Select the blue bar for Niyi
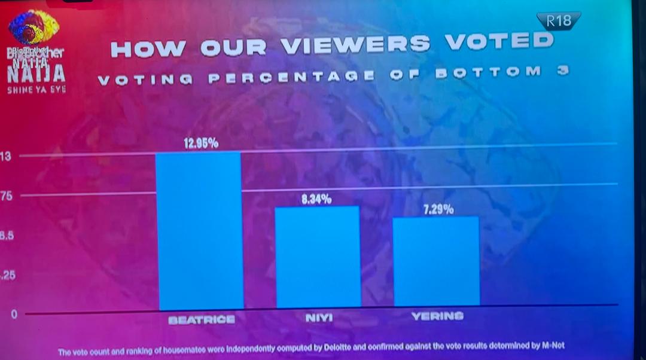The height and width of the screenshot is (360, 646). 318,257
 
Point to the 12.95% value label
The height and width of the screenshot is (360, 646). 200,144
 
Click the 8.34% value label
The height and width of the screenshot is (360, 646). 316,199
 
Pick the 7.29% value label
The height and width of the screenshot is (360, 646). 435,209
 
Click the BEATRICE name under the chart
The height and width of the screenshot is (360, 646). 202,320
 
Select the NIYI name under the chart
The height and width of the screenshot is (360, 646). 319,318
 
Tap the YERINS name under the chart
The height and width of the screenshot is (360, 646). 437,316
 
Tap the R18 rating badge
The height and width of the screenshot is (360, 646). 559,22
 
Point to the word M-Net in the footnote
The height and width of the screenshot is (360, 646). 551,345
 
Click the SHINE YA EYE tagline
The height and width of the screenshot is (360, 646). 36,89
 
